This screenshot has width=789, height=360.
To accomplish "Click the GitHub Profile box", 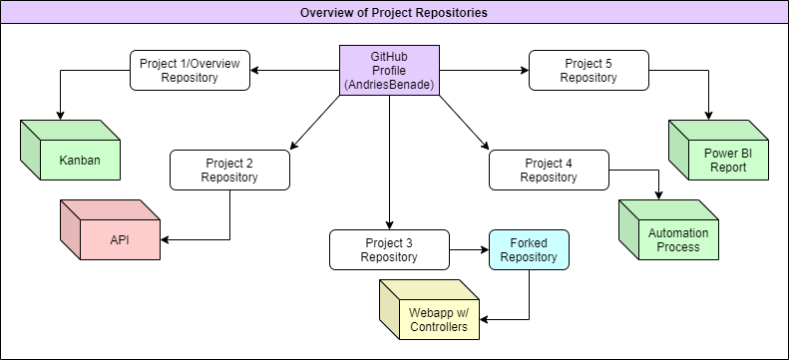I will pos(389,71).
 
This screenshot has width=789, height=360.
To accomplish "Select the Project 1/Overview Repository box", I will pos(190,71).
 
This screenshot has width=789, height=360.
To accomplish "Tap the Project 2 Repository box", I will pos(229,171).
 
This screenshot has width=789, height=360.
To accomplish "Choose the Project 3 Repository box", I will pos(389,249).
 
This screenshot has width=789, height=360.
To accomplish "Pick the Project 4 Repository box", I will pos(549,171).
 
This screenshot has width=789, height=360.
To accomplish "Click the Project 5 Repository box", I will pos(589,71).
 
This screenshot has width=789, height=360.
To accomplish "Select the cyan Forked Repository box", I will pos(529,249).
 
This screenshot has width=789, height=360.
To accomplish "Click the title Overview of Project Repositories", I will pos(394,13).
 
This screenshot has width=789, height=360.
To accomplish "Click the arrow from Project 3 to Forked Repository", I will pos(469,249).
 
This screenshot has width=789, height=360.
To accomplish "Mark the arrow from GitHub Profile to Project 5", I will pos(484,70).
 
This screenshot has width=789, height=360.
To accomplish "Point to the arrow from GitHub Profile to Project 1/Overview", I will pos(294,70).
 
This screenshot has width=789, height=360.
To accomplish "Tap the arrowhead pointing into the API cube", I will pos(166,239).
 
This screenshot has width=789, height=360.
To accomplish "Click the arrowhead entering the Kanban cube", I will pos(60,115).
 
